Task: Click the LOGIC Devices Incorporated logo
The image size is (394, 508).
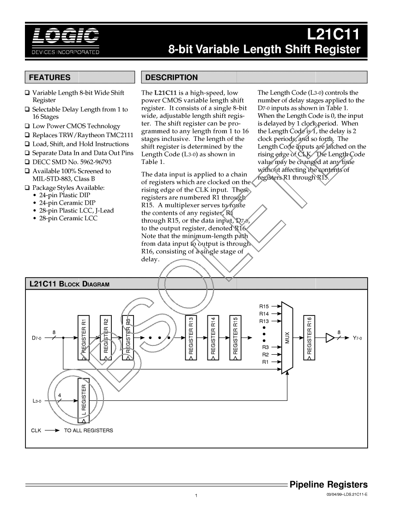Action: [65, 41]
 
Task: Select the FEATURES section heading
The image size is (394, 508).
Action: [50, 77]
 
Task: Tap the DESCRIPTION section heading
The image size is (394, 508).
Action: [171, 77]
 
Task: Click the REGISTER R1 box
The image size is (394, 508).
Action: [83, 338]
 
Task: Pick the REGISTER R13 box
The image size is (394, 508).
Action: [191, 338]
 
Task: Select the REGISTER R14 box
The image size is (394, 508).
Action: [213, 338]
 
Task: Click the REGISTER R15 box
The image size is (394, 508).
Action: [236, 338]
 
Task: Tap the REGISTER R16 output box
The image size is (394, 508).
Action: [309, 338]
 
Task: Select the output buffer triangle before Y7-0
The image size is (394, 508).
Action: [330, 338]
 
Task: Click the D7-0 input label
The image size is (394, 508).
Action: [36, 338]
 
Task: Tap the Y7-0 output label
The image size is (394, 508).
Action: [358, 338]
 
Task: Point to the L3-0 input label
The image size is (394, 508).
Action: [36, 402]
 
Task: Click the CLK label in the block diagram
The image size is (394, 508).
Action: [36, 430]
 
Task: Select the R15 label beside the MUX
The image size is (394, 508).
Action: [264, 306]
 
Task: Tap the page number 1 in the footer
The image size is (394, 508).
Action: [196, 496]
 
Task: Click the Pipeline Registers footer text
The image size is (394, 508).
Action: [328, 484]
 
